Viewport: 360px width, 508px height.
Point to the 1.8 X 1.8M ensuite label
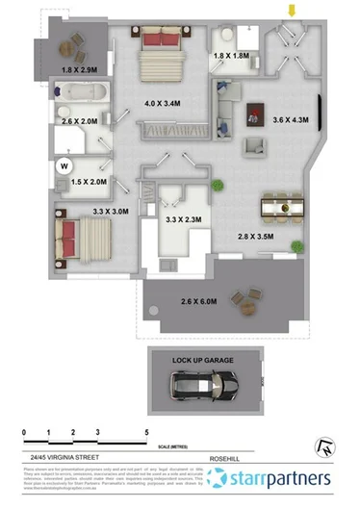[x=232, y=57]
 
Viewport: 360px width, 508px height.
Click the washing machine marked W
[x=65, y=164]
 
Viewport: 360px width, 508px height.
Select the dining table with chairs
[x=279, y=206]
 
